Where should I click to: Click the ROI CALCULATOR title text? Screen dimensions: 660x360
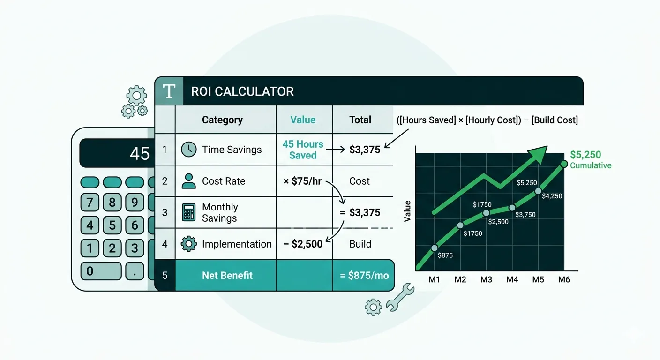pyautogui.click(x=242, y=91)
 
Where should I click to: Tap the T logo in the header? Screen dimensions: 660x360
pyautogui.click(x=169, y=91)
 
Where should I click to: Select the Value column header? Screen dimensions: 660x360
pyautogui.click(x=303, y=120)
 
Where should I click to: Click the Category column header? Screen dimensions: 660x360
pyautogui.click(x=223, y=120)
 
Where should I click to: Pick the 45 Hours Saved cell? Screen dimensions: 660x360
pyautogui.click(x=303, y=150)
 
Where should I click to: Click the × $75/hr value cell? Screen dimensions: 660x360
pyautogui.click(x=302, y=181)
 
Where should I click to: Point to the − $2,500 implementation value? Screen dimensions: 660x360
pyautogui.click(x=303, y=244)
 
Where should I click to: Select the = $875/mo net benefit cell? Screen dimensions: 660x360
pyautogui.click(x=364, y=275)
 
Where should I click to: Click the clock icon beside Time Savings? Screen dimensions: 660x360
pyautogui.click(x=188, y=150)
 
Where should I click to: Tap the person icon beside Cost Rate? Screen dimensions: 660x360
pyautogui.click(x=188, y=181)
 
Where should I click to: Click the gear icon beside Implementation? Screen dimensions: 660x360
pyautogui.click(x=188, y=244)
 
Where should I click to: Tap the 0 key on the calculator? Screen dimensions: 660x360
pyautogui.click(x=101, y=271)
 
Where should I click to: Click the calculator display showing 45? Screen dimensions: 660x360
pyautogui.click(x=117, y=153)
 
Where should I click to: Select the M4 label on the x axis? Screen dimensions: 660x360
pyautogui.click(x=512, y=279)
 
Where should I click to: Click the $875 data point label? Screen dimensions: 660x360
pyautogui.click(x=445, y=255)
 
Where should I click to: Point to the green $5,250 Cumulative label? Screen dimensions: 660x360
pyautogui.click(x=591, y=159)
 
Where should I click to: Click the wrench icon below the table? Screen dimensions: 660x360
pyautogui.click(x=400, y=297)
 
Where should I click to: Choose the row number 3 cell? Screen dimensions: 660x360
pyautogui.click(x=165, y=212)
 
